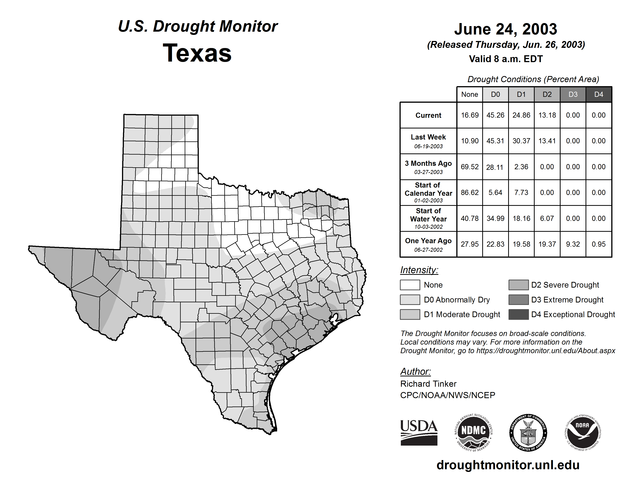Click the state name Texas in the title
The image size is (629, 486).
pyautogui.click(x=197, y=53)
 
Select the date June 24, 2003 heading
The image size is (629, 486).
pyautogui.click(x=505, y=29)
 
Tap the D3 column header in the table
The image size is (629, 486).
pyautogui.click(x=573, y=94)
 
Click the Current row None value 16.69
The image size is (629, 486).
pyautogui.click(x=469, y=115)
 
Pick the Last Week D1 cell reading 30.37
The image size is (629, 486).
pyautogui.click(x=521, y=141)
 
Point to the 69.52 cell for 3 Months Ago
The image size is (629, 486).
pyautogui.click(x=469, y=167)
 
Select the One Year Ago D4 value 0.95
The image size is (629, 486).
pyautogui.click(x=599, y=244)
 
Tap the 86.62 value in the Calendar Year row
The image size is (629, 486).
pyautogui.click(x=469, y=192)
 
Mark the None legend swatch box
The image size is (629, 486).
pyautogui.click(x=410, y=285)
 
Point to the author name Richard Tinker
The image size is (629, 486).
pyautogui.click(x=428, y=384)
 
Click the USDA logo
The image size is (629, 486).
pyautogui.click(x=419, y=432)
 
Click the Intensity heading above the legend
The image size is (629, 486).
pyautogui.click(x=419, y=270)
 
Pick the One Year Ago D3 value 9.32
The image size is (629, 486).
pyautogui.click(x=573, y=244)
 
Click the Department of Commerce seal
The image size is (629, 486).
pyautogui.click(x=528, y=432)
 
